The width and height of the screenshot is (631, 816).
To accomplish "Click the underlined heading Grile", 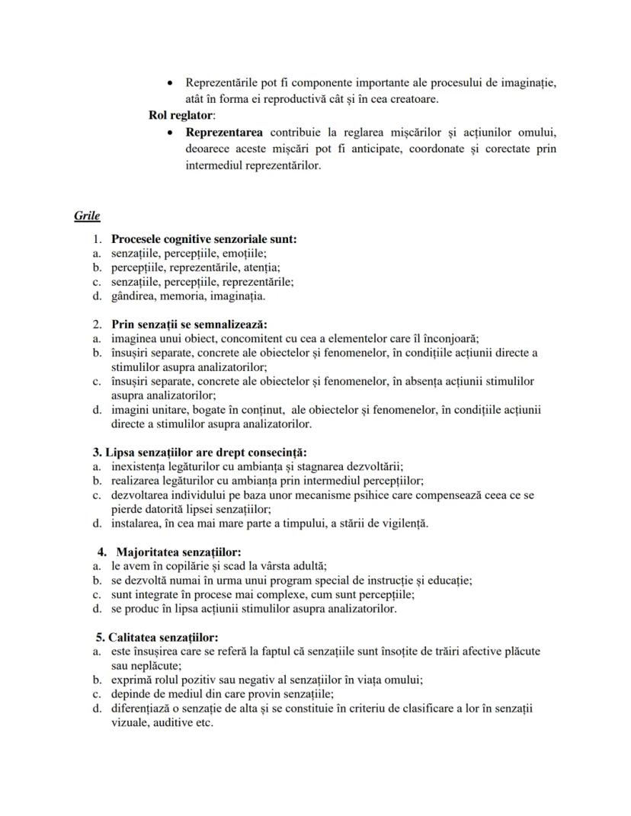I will tap(87, 216).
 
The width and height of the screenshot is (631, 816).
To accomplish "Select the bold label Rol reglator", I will tap(181, 115).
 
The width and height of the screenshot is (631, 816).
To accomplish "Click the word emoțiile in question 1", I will tap(245, 253).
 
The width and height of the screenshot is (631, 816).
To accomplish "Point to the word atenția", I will tap(259, 267).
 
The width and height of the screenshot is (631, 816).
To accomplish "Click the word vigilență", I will tap(402, 523).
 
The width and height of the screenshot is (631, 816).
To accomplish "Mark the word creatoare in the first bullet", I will tap(414, 99).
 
